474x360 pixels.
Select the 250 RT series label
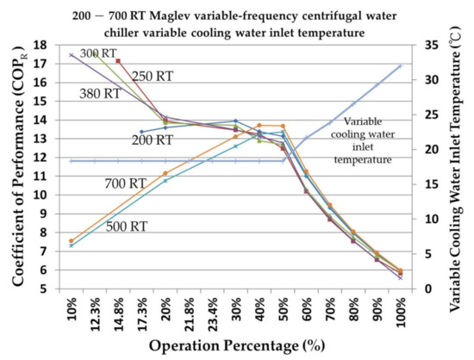153,76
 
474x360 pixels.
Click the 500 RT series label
125,227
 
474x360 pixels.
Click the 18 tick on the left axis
40,44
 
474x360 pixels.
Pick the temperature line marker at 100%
400,65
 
